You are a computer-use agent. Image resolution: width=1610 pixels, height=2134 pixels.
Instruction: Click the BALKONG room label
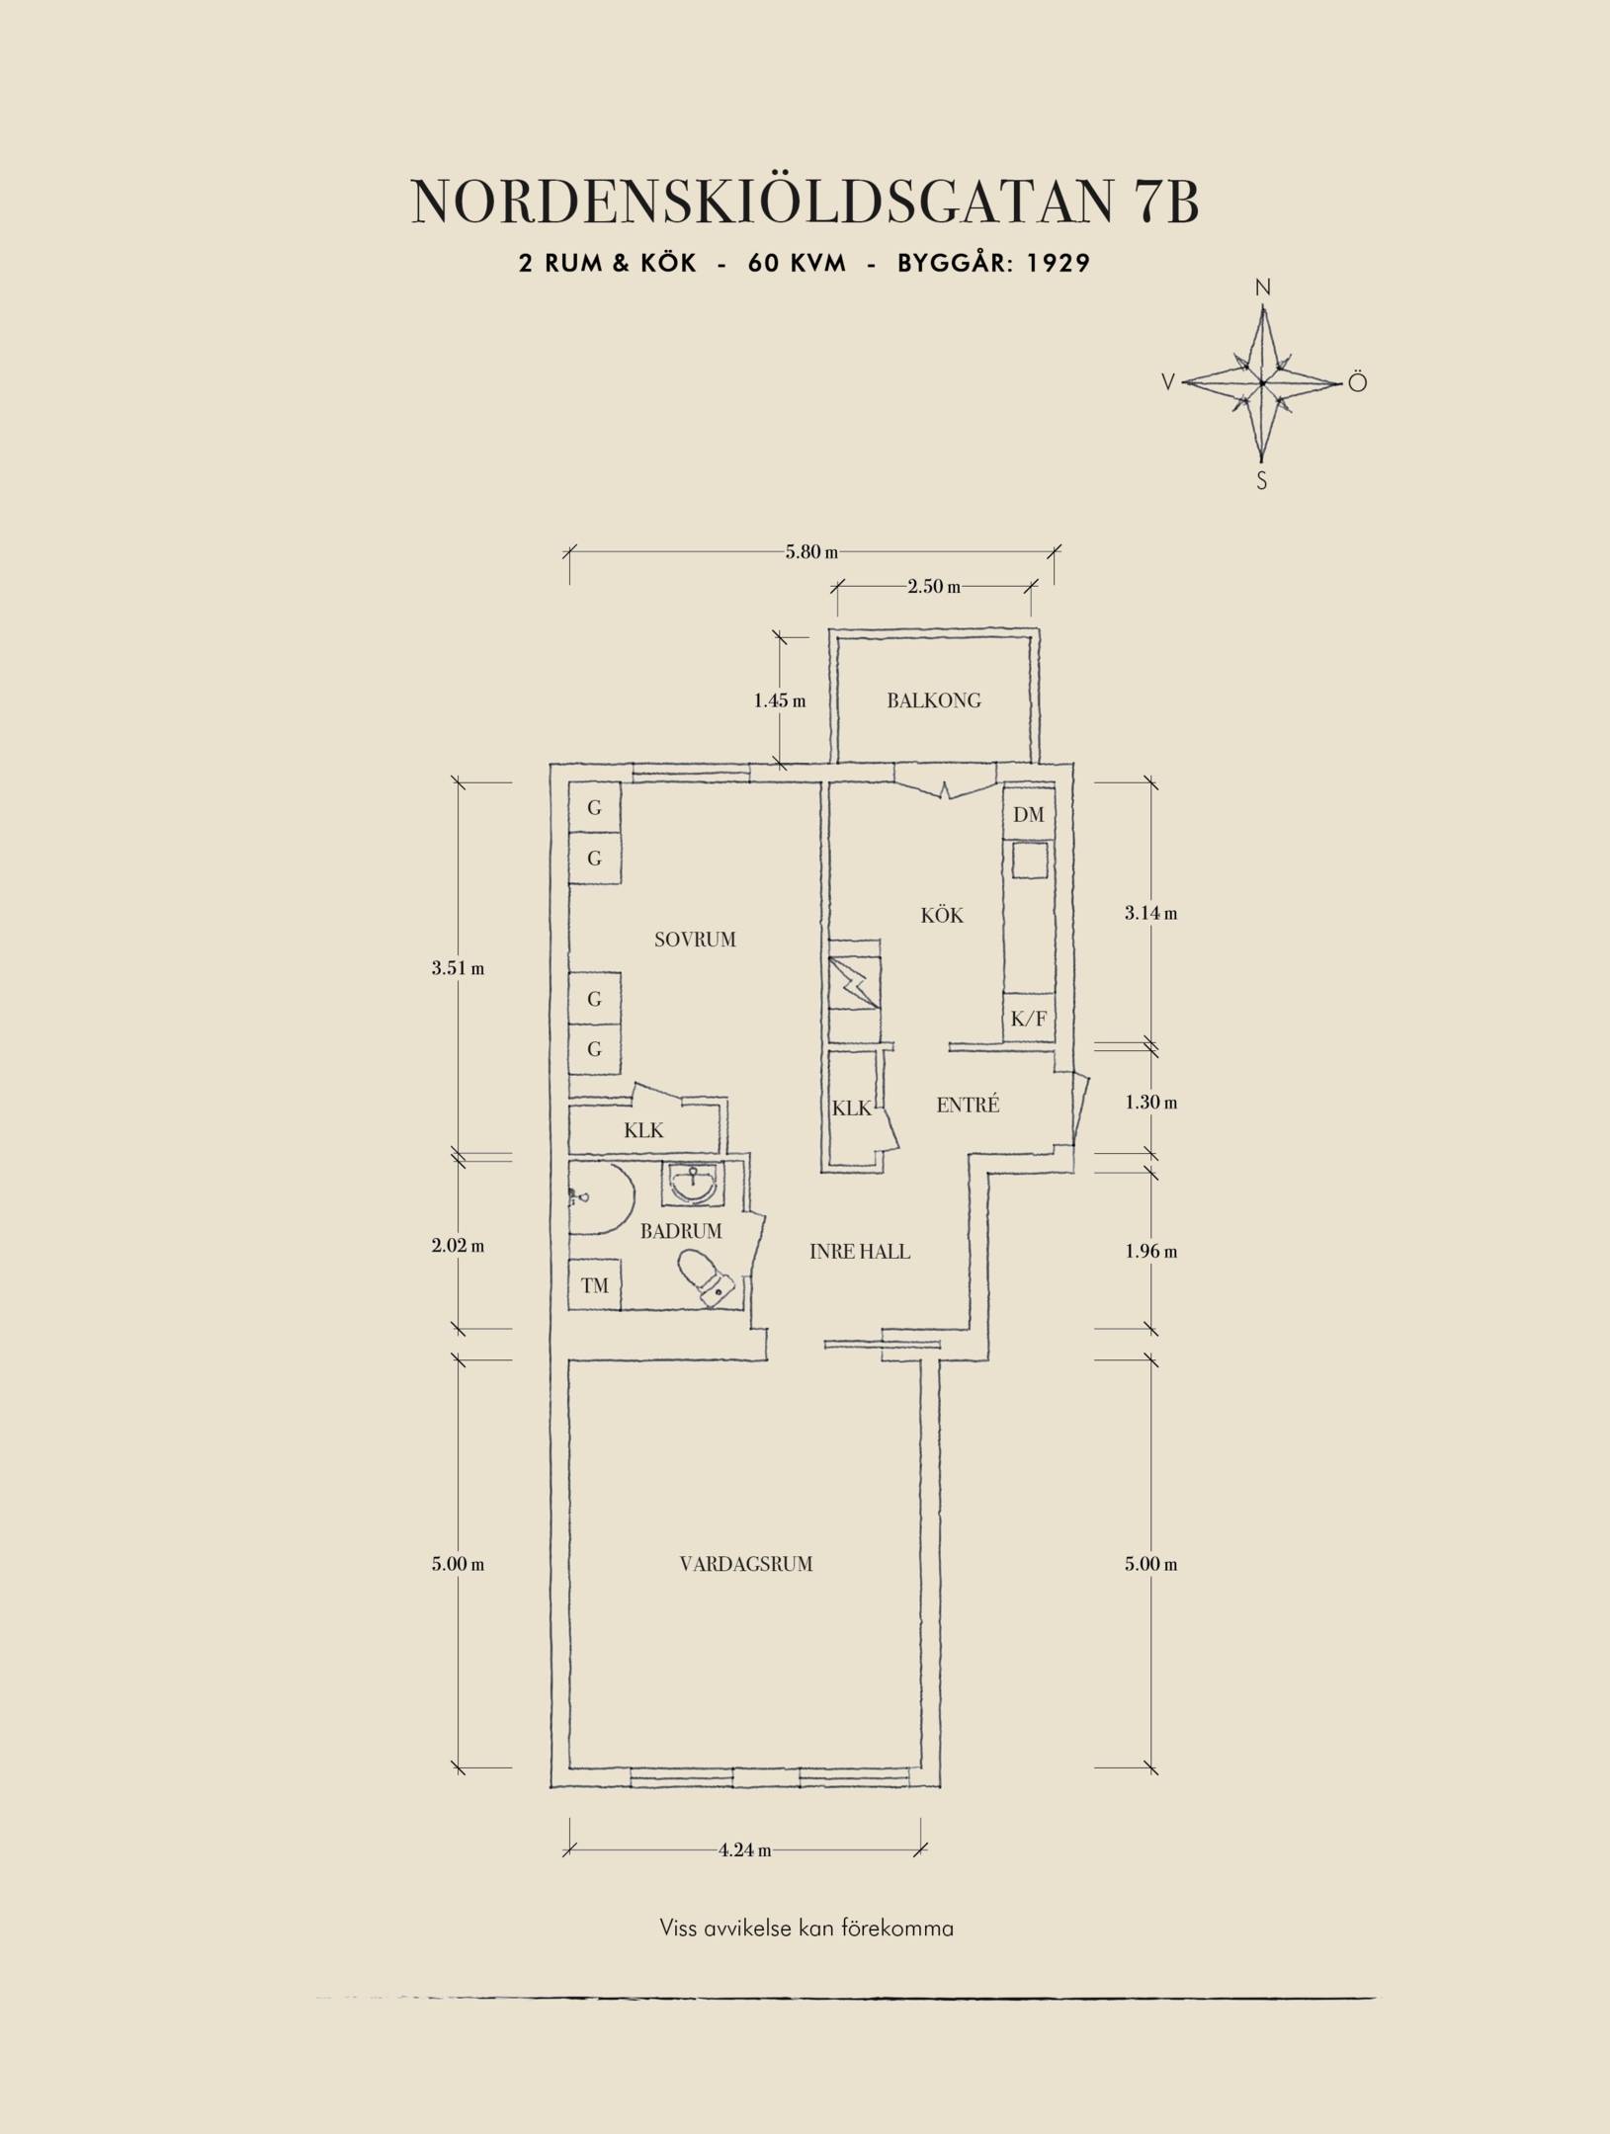933,701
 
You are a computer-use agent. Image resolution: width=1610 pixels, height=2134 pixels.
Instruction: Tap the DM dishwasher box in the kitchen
1029,815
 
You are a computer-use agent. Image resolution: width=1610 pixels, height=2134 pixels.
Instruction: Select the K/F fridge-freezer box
1029,1018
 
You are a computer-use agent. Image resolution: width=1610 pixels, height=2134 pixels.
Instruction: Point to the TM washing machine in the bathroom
594,1285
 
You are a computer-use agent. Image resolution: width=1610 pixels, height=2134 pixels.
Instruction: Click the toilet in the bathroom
705,1277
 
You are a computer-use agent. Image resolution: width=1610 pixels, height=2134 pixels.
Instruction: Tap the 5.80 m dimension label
811,552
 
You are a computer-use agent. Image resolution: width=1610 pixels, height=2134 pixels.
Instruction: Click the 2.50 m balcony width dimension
934,587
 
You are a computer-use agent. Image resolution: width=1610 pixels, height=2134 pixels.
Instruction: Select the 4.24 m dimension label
745,1849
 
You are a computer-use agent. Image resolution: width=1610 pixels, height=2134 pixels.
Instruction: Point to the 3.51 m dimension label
458,968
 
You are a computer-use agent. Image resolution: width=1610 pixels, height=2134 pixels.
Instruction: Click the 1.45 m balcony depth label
780,701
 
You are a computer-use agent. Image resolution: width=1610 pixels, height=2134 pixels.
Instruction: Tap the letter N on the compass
1262,288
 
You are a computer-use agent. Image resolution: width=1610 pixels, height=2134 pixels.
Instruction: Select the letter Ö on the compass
1357,382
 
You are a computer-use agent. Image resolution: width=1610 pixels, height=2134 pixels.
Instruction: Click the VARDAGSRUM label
746,1564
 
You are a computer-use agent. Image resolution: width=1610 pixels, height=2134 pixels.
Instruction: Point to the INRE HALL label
860,1252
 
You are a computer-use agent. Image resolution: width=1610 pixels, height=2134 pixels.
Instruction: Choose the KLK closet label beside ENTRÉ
851,1108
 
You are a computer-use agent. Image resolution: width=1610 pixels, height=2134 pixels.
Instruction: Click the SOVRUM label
695,940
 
